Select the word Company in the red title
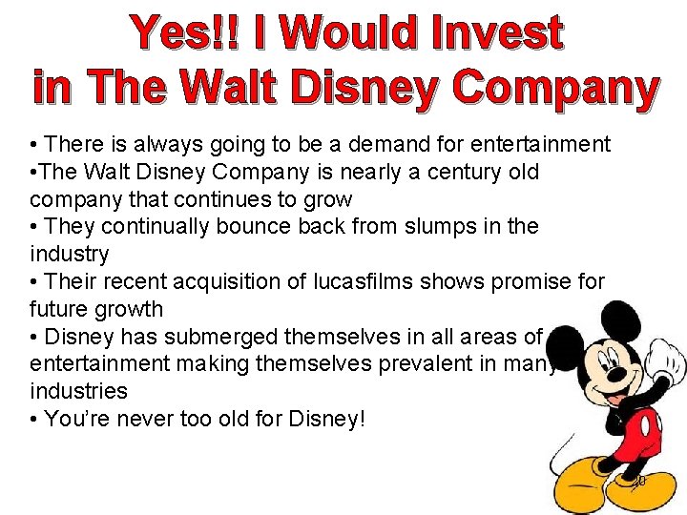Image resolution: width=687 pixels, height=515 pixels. [555, 89]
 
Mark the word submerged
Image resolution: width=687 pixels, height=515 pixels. [221, 337]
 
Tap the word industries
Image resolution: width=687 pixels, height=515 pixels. [78, 391]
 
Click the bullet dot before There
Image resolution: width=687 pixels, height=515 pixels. [33, 146]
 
